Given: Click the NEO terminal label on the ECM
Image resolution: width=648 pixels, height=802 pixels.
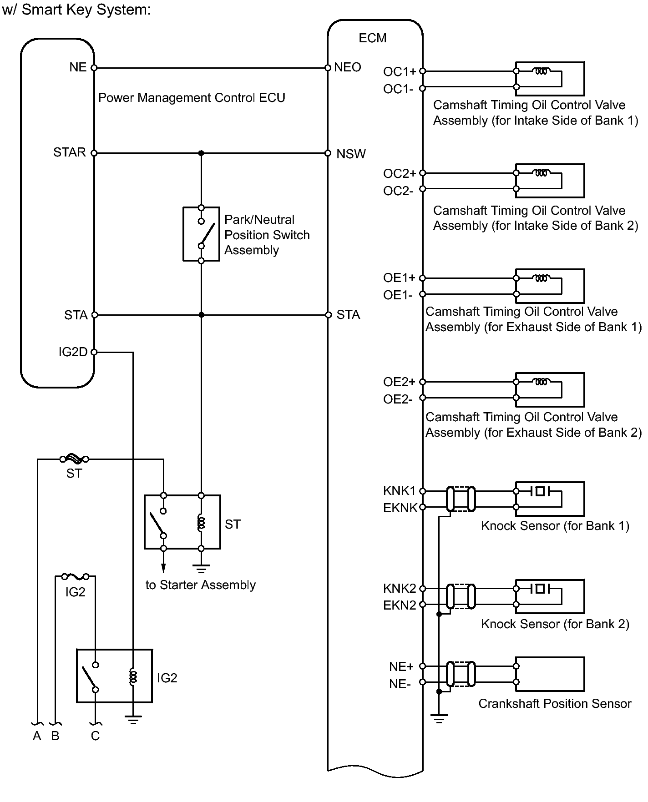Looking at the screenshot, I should click(347, 67).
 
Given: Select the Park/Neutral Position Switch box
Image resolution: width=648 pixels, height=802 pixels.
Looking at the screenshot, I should click(201, 234).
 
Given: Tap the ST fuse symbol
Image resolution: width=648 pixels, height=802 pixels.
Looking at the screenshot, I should click(75, 459).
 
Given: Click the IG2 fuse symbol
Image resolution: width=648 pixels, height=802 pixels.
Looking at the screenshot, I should click(75, 577).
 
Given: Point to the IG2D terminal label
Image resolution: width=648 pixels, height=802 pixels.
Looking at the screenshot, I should click(73, 352).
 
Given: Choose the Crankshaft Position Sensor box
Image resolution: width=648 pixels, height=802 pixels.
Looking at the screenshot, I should click(550, 674).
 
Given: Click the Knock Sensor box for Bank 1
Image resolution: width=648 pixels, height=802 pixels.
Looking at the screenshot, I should click(550, 499).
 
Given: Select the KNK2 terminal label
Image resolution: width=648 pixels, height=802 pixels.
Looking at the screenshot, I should click(400, 588).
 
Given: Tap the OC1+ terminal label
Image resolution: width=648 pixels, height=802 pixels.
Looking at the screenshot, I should click(400, 71).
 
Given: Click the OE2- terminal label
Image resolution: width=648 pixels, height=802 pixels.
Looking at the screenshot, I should click(398, 399).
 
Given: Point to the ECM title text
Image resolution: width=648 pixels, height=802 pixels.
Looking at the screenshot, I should click(372, 38).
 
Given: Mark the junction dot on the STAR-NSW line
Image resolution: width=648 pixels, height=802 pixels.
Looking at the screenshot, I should click(201, 153).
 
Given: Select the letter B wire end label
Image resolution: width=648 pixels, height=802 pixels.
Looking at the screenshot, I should click(55, 736).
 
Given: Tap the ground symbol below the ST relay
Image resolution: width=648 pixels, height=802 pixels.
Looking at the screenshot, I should click(201, 568).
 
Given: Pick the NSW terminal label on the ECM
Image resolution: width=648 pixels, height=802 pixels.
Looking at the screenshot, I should click(351, 154).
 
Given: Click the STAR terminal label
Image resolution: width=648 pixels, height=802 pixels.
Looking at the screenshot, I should click(70, 152).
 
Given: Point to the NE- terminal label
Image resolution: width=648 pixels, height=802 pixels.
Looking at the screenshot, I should click(400, 684).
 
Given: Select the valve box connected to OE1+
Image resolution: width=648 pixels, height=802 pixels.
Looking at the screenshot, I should click(550, 286).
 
